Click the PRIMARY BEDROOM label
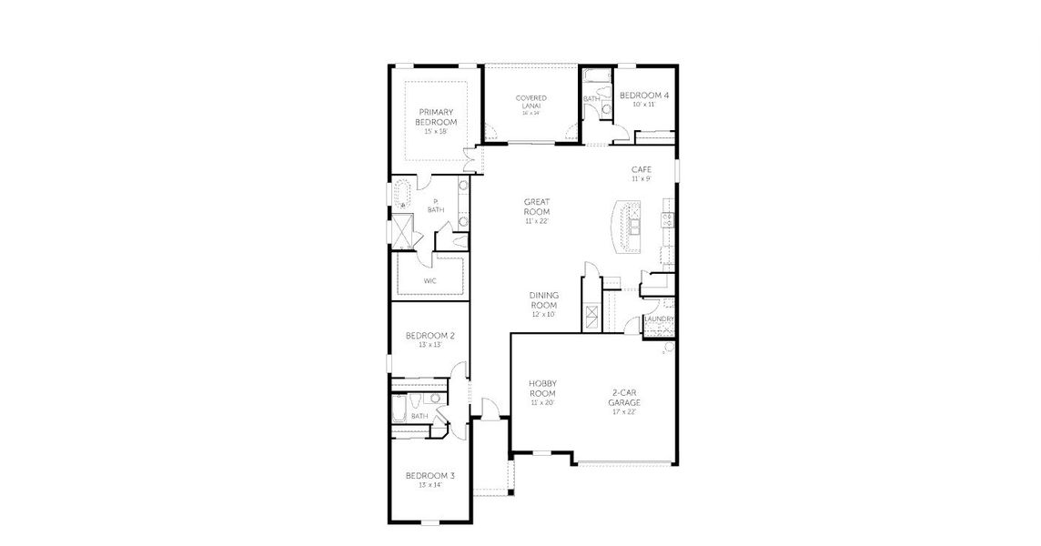pos(436,116)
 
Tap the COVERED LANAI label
pos(531,102)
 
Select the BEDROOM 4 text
pos(643,95)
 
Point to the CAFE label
pos(641,169)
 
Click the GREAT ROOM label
pos(537,207)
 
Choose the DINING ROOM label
pos(543,299)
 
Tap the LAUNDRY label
pos(658,319)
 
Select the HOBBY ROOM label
pos(542,389)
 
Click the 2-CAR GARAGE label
pos(624,398)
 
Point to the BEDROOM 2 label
pos(430,336)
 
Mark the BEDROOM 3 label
pos(430,476)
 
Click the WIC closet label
pos(430,281)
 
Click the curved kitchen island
pos(624,227)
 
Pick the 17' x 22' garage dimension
pos(624,412)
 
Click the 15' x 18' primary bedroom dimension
pos(436,132)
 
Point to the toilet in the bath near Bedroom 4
pos(604,110)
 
